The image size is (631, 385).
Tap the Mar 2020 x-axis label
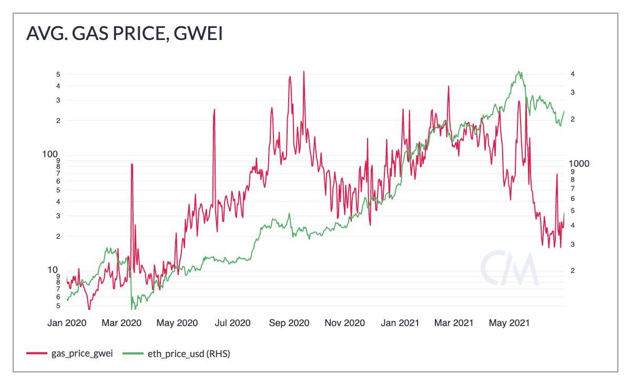[121, 322]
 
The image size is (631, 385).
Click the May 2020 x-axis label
[177, 322]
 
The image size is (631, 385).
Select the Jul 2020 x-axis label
[233, 322]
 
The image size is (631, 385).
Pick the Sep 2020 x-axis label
[289, 322]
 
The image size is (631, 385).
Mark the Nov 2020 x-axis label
[344, 322]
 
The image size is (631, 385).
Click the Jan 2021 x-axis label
[400, 322]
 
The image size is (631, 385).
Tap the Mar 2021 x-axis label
[453, 322]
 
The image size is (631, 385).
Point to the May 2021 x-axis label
[508, 322]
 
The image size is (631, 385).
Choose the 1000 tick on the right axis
[580, 164]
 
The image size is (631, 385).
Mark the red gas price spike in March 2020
[131, 165]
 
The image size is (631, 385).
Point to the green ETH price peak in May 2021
[519, 72]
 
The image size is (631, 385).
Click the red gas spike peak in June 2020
[214, 110]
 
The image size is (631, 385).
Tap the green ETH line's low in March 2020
[131, 307]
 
